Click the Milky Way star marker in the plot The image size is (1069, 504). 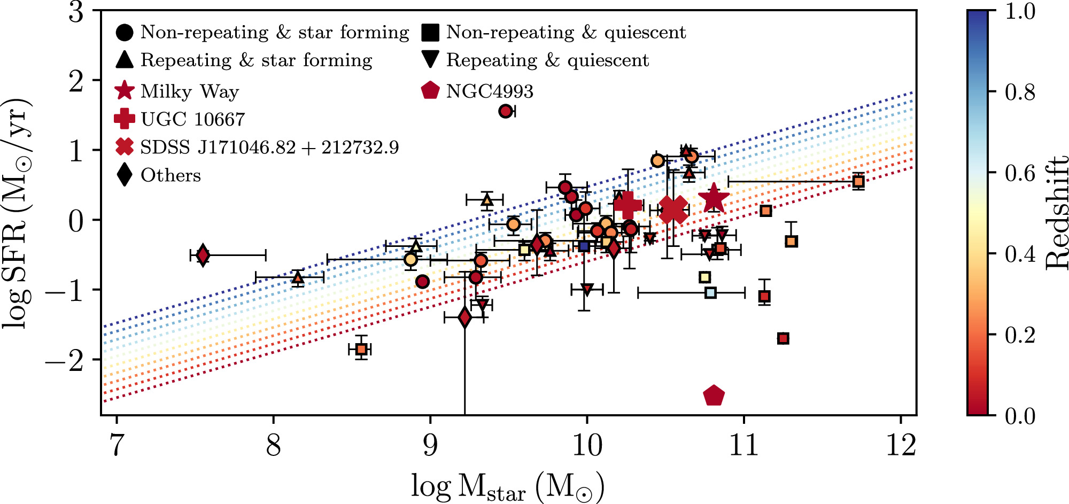pos(714,199)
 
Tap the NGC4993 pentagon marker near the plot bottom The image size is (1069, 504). pos(714,396)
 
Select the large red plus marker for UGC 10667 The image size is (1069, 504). pos(628,205)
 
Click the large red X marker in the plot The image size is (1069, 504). pos(673,209)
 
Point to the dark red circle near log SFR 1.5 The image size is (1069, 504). pos(505,111)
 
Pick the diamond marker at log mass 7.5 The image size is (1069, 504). pos(203,255)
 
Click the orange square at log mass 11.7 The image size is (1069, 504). pos(858,182)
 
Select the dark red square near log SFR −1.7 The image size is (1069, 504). pos(783,338)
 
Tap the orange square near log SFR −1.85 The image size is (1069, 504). pos(362,350)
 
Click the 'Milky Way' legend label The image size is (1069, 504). pos(189,91)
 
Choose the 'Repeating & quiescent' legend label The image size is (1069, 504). pos(547,60)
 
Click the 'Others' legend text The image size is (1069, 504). pos(171,175)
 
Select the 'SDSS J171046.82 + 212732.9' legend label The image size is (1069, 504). pos(269,148)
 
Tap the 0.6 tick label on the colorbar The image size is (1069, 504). pos(1020,173)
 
